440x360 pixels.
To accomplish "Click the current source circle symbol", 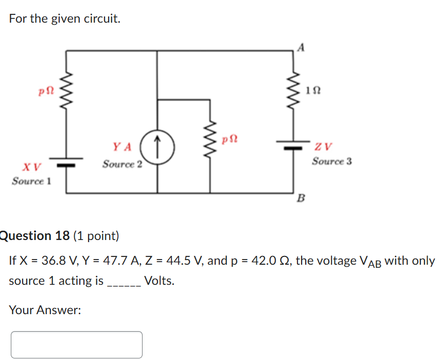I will (157, 147).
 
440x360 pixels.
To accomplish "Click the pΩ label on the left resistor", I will (46, 91).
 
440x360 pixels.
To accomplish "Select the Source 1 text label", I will (31, 181).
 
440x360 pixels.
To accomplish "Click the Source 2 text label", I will (122, 164).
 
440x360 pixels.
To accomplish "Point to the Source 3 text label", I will (332, 161).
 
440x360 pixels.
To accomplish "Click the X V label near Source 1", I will (31, 167).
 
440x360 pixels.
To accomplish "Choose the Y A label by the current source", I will (122, 147).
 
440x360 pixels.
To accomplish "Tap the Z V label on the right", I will (325, 147).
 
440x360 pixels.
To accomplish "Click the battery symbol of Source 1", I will (66, 162).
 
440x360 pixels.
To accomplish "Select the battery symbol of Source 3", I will (294, 145).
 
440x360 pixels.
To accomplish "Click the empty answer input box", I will (77, 345).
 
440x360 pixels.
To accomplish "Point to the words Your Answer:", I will (45, 310).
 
